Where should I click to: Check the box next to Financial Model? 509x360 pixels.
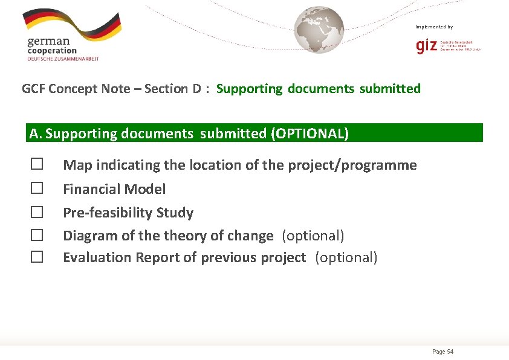click(x=37, y=188)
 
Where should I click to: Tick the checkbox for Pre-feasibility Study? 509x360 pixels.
click(x=37, y=212)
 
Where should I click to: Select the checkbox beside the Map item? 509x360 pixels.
click(x=37, y=164)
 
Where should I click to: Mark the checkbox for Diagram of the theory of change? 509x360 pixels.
click(x=37, y=235)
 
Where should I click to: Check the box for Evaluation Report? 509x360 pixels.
click(x=37, y=257)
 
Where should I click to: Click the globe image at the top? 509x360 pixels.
click(x=319, y=30)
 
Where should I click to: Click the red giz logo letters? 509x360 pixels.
click(x=426, y=47)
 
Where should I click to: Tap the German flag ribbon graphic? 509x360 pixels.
click(x=73, y=24)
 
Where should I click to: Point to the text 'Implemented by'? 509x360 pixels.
click(x=434, y=27)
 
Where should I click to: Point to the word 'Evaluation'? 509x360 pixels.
click(x=97, y=257)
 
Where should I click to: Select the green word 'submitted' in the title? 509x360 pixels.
click(x=390, y=89)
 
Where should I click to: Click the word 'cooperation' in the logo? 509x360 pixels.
click(x=52, y=51)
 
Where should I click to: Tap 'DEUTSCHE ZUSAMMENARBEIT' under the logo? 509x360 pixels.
click(x=63, y=59)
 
